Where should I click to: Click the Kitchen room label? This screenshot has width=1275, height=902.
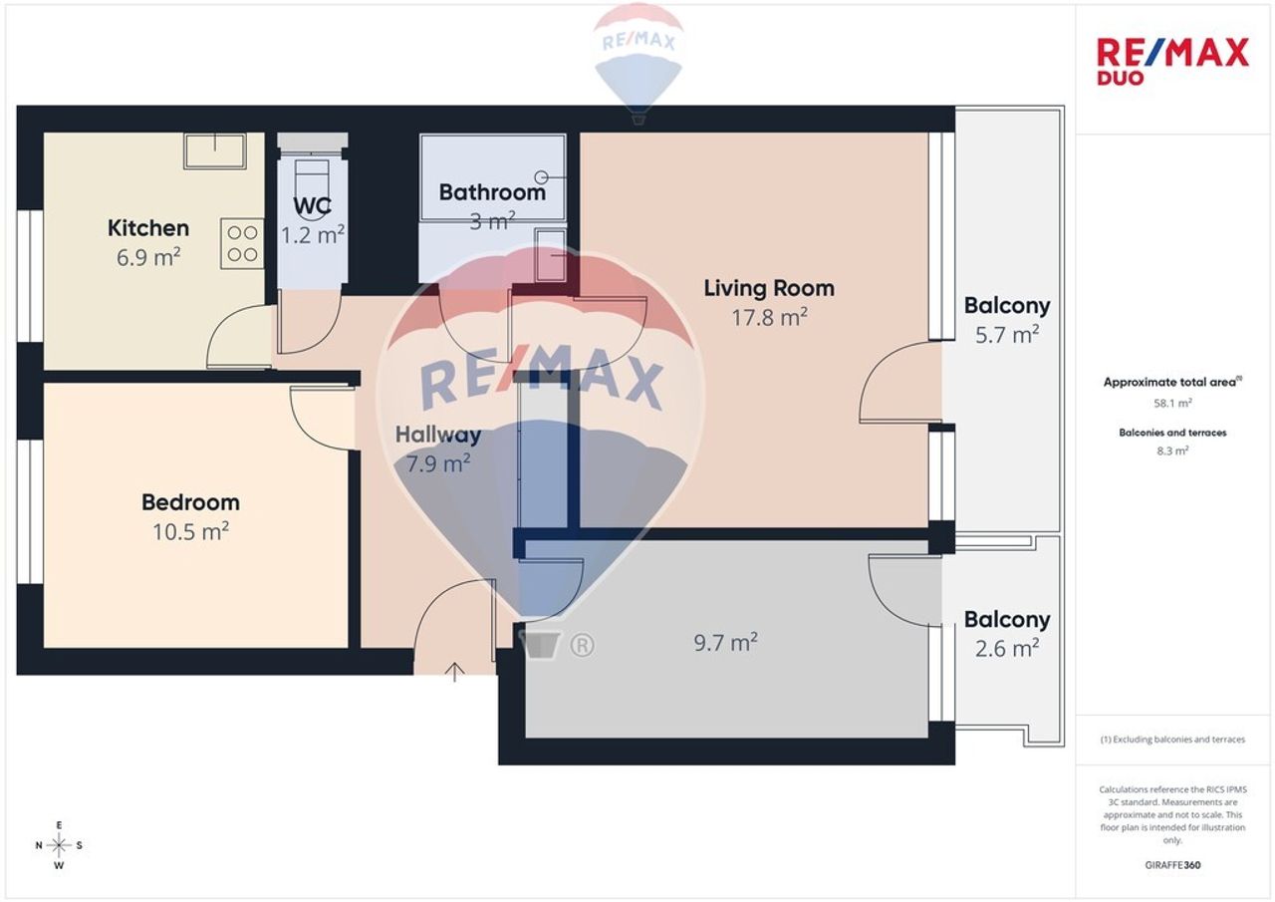coord(148,228)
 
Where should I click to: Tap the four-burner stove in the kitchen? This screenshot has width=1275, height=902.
coord(242,244)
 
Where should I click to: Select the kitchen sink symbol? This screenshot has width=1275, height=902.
coord(214,150)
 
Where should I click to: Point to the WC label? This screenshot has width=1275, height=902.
coord(312,205)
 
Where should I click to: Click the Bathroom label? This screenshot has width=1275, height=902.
coord(492,192)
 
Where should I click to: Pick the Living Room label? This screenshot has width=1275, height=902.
coord(769,288)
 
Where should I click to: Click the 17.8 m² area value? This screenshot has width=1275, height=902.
coord(769,317)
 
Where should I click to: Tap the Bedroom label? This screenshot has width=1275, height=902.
coord(190,502)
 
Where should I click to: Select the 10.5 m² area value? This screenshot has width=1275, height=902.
coord(190,531)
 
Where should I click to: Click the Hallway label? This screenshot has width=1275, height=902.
coord(438,435)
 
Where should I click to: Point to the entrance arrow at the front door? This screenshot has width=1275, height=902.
coord(454,673)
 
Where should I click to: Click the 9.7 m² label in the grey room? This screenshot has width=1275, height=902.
coord(725,642)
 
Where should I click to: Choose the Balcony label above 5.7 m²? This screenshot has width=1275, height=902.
coord(1007,306)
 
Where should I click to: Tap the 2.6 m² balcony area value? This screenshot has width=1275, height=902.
coord(1007,648)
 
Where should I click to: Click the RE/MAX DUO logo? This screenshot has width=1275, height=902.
coord(1172,62)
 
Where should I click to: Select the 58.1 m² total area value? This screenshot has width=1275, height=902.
coord(1172,404)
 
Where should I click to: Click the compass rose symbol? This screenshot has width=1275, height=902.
coord(59,845)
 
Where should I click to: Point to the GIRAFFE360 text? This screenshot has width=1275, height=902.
coord(1172,865)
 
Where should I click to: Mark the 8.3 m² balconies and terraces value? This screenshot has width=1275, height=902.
coord(1172,451)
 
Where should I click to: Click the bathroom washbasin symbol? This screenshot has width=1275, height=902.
coord(551,255)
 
